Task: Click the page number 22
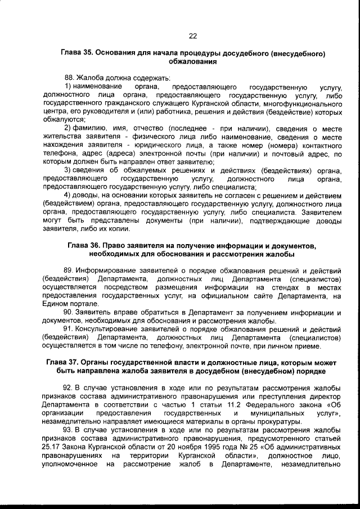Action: click(x=192, y=36)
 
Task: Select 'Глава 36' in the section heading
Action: click(x=85, y=246)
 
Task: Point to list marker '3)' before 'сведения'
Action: click(x=68, y=170)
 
